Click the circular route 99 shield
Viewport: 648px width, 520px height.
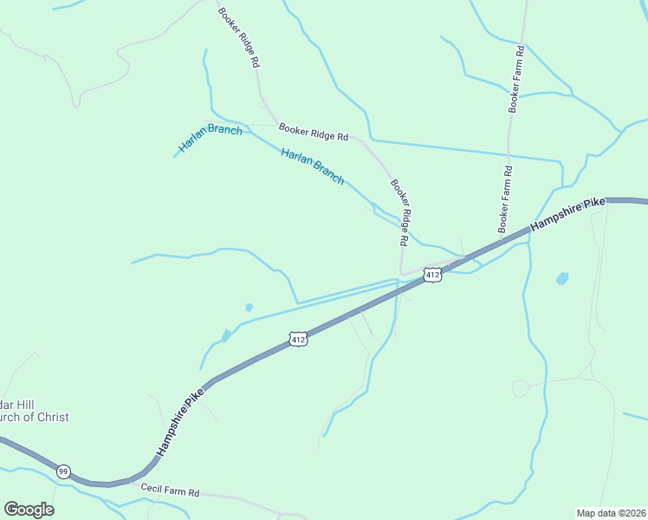(x=63, y=471)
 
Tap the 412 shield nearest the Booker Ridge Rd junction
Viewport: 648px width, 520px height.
(x=433, y=275)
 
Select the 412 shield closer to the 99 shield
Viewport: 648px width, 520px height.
(x=298, y=339)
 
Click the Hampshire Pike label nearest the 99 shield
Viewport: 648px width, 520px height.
(x=180, y=422)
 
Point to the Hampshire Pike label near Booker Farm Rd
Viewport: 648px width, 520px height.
(x=567, y=213)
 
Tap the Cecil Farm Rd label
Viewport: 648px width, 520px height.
(x=171, y=491)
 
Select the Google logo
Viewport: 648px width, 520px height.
(x=29, y=509)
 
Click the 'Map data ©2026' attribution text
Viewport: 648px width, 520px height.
(x=611, y=513)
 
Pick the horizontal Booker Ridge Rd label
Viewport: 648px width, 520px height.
(x=313, y=133)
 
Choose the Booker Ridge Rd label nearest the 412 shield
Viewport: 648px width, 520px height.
(x=399, y=211)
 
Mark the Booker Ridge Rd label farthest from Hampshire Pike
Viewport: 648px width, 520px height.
(x=238, y=39)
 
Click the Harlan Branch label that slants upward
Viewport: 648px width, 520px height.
(x=211, y=139)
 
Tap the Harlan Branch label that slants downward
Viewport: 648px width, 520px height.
(x=313, y=166)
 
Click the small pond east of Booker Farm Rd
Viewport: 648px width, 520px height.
(x=562, y=278)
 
